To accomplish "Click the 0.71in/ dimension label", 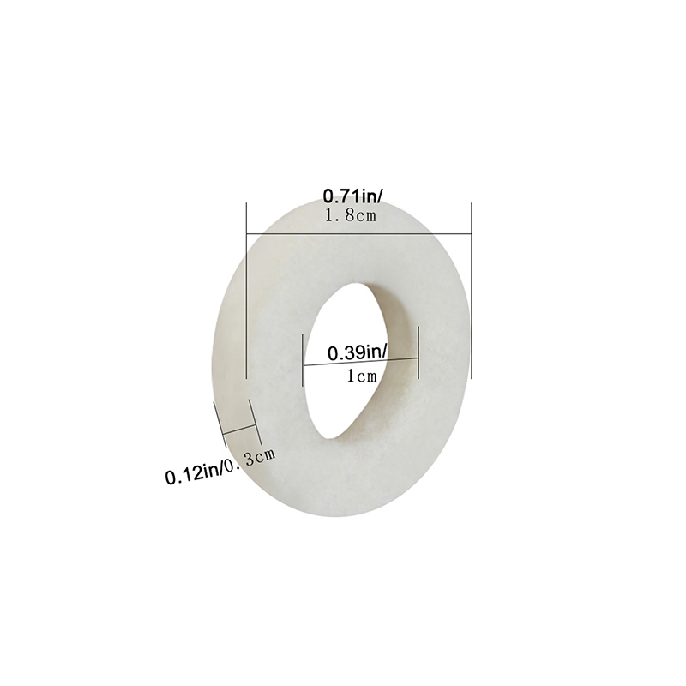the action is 352,196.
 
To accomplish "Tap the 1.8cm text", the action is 351,215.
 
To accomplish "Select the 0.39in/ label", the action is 358,352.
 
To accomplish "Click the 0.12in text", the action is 194,474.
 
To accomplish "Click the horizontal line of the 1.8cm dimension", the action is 359,233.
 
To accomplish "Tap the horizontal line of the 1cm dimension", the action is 361,362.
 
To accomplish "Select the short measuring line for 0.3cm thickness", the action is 239,430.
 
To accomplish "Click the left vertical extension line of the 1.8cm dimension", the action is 247,290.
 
